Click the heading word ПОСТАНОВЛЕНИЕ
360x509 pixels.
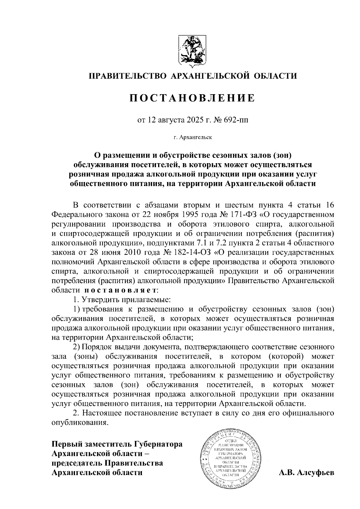point(192,98)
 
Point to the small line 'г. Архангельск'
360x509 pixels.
point(192,138)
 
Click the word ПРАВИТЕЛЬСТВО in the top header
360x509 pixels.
point(127,76)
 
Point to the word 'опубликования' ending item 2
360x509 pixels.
point(79,423)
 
